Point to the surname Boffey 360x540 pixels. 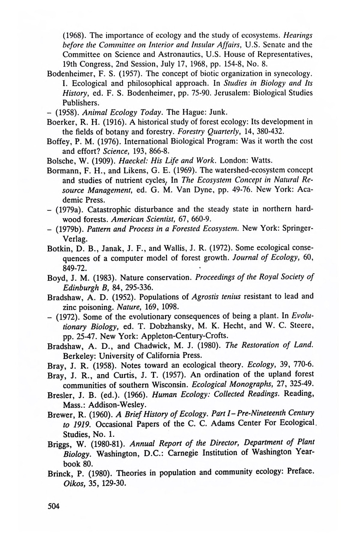click(58, 141)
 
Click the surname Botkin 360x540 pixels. click(58, 248)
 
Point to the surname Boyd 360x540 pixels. click(56, 278)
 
